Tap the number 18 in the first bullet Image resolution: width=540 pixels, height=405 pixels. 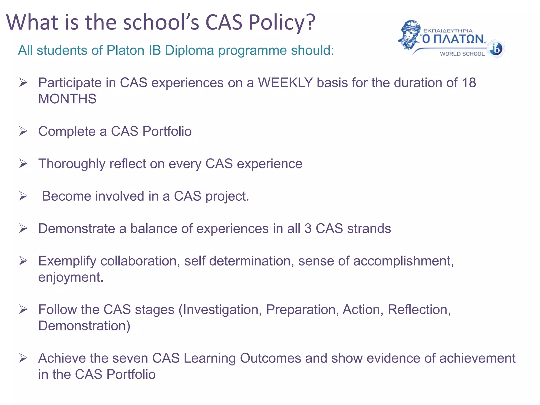click(469, 83)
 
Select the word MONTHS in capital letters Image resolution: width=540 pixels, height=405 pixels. click(67, 99)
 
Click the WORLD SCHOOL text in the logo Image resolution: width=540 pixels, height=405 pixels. click(462, 54)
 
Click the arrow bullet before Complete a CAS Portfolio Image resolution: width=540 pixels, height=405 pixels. click(23, 131)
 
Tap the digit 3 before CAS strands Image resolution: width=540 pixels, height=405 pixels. click(308, 229)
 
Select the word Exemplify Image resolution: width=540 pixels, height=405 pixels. click(67, 261)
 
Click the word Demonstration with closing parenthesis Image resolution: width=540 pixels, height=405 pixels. click(84, 326)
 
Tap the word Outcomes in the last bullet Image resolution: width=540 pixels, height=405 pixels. click(270, 358)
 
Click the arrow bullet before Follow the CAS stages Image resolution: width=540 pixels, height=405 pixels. click(23, 309)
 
